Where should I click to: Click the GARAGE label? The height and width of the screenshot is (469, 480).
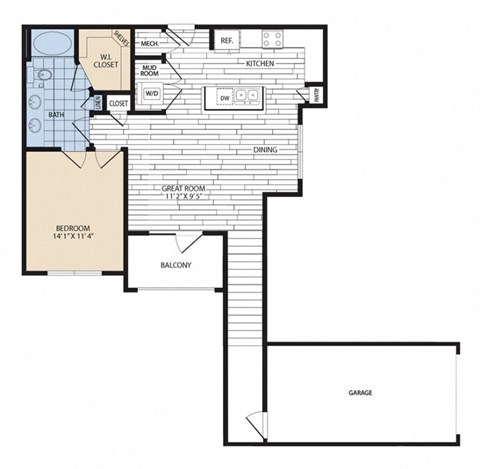(x=361, y=393)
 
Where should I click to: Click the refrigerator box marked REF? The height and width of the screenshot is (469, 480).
(x=227, y=40)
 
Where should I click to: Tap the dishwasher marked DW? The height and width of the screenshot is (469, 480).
(x=225, y=98)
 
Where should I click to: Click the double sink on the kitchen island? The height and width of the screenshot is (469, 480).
(x=248, y=98)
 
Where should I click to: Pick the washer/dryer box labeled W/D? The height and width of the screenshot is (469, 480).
(x=153, y=94)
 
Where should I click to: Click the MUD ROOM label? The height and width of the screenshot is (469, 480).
(x=150, y=70)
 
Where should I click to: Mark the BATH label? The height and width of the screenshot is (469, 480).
(x=58, y=115)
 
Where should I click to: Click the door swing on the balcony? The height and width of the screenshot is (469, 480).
(x=185, y=242)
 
